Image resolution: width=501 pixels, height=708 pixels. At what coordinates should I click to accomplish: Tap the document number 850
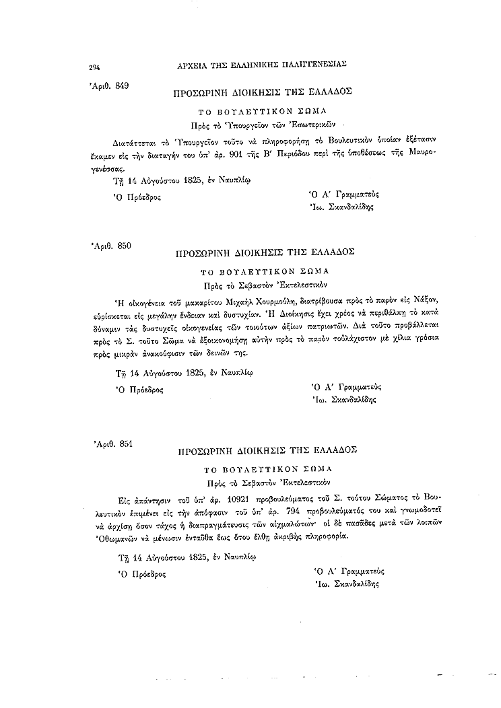point(124,246)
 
